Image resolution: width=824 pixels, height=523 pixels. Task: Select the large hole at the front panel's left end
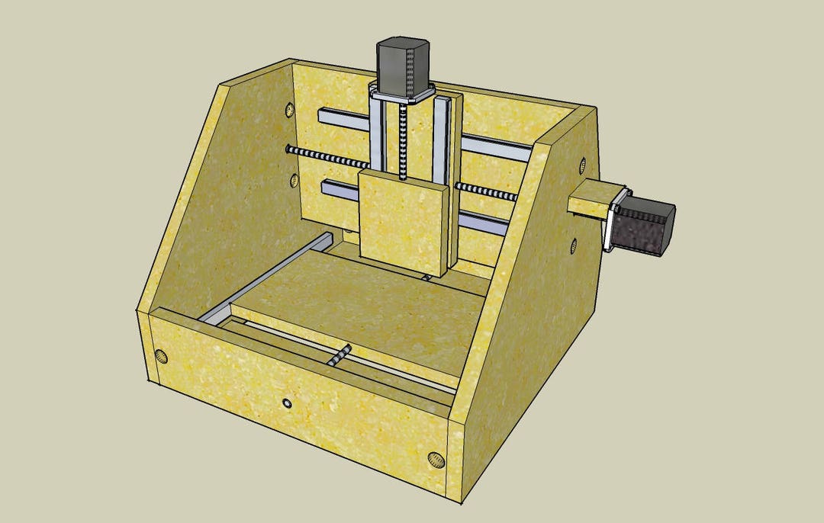(161, 356)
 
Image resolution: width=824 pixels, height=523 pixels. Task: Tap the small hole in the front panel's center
(287, 402)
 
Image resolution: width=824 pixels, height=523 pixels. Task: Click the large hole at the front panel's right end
(435, 459)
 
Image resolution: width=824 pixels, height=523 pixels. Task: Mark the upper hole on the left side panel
(290, 110)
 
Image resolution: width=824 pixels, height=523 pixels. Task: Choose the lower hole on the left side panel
(295, 181)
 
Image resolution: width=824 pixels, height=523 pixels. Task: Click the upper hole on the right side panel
(582, 165)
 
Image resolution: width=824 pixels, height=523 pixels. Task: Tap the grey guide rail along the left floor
(263, 278)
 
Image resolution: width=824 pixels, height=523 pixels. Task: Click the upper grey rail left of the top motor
(343, 120)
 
